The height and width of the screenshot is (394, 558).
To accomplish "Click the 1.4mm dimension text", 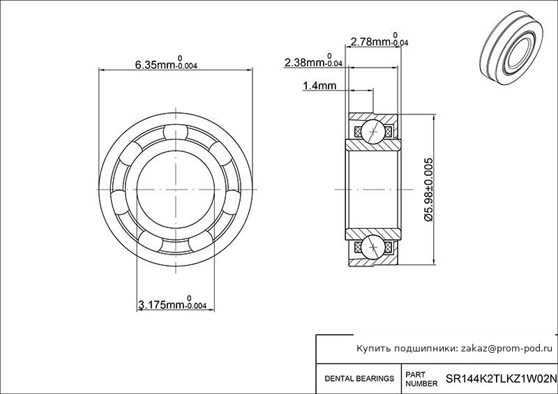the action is [x=319, y=86].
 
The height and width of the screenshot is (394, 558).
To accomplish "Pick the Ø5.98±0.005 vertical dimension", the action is [x=429, y=190].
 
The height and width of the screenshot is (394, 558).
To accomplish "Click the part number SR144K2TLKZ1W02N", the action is [x=502, y=378].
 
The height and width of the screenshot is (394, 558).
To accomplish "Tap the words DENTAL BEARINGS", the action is [x=359, y=379].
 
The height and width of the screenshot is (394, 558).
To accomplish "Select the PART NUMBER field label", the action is [x=422, y=379].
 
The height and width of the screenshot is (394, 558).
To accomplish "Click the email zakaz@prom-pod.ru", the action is [x=507, y=349].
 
